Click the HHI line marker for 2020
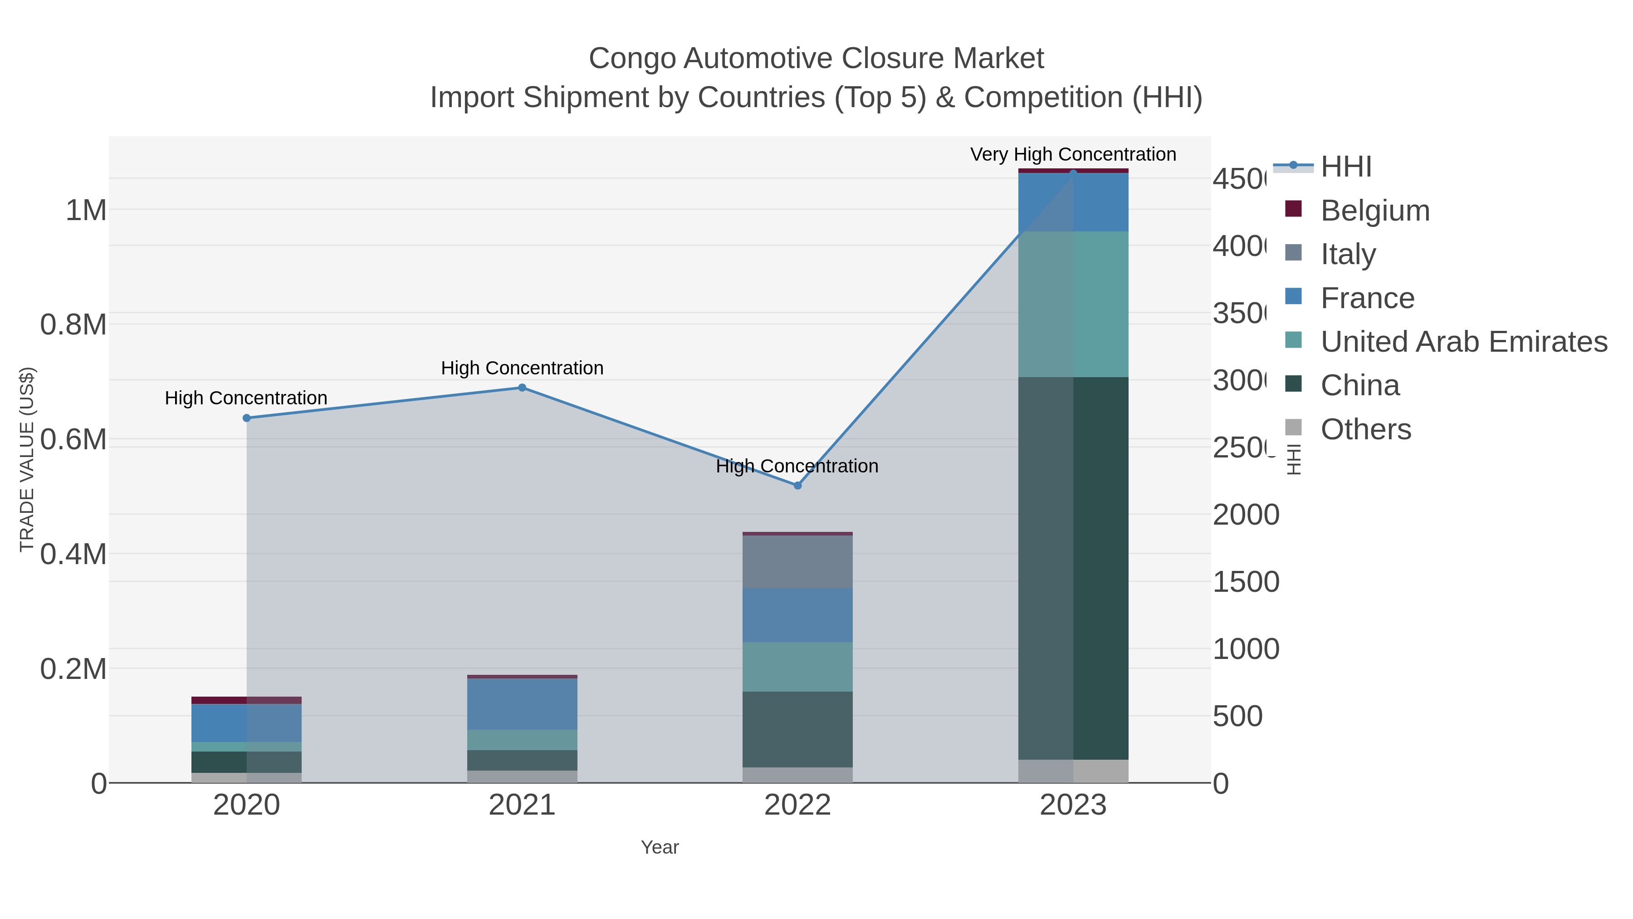247,418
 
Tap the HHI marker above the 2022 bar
797,485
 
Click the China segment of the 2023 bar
1073,568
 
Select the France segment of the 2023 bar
1073,203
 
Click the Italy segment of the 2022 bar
797,562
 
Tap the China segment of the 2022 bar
797,729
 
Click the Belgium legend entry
1374,211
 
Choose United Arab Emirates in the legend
1463,342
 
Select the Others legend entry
1365,429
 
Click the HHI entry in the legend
1345,167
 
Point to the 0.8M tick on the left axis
73,325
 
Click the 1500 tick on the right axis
1245,582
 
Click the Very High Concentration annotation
1073,154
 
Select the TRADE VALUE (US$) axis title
27,459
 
